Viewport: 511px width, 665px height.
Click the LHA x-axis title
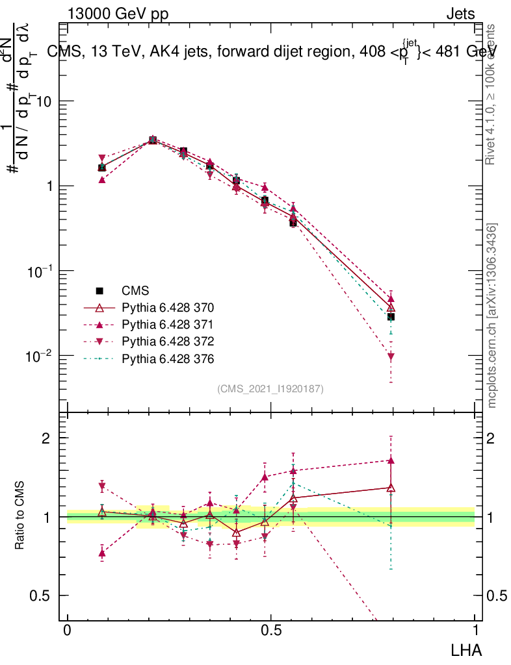point(468,649)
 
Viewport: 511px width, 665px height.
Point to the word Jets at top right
point(460,14)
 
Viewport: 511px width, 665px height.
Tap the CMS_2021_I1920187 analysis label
point(270,388)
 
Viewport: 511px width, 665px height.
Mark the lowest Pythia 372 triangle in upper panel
point(391,357)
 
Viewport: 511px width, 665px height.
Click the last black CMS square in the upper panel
point(391,317)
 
